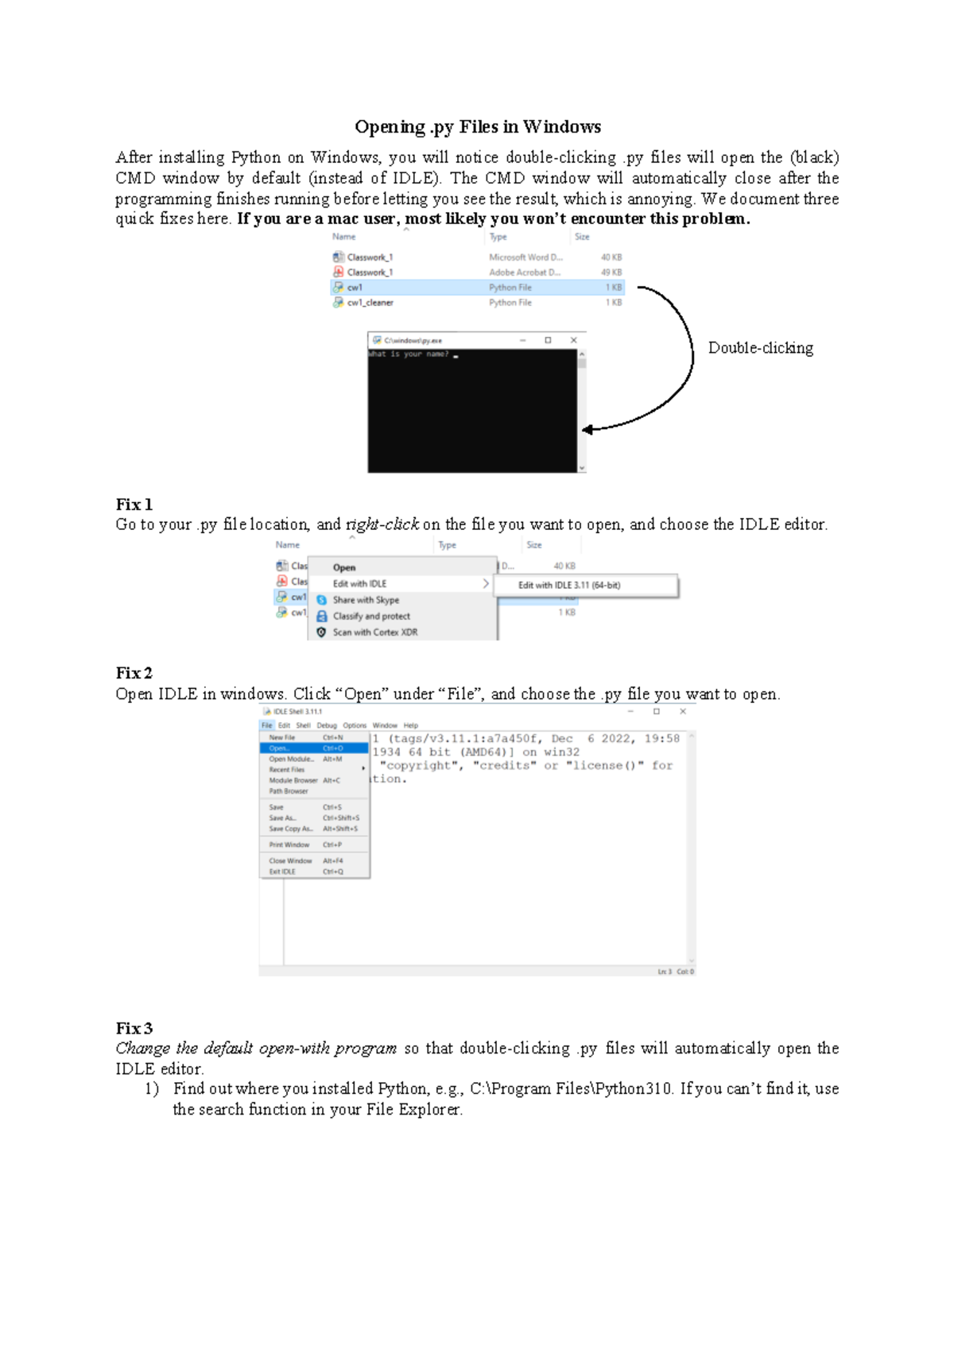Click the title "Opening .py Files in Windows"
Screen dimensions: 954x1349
point(477,127)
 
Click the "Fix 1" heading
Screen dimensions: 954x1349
point(134,504)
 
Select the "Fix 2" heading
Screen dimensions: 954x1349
point(134,673)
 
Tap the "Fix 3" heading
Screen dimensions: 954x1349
point(134,1028)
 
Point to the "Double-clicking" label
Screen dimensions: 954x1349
point(760,348)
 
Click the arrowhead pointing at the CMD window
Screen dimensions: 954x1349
point(588,430)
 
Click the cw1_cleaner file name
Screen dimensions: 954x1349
point(370,303)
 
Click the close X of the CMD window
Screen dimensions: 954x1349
point(573,340)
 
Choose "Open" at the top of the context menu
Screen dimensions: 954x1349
point(344,567)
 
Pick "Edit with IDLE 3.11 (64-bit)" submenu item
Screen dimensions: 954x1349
point(569,586)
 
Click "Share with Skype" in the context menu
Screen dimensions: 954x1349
point(366,600)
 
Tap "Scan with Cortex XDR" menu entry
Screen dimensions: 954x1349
point(374,632)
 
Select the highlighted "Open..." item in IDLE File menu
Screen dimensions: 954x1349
point(279,748)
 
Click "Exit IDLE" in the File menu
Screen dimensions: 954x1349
point(282,872)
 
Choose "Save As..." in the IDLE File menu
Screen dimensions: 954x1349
point(282,818)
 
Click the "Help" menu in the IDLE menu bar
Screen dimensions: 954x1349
point(410,725)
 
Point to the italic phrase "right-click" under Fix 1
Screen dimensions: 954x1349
point(382,524)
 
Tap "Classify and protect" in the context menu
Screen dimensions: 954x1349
point(371,617)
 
